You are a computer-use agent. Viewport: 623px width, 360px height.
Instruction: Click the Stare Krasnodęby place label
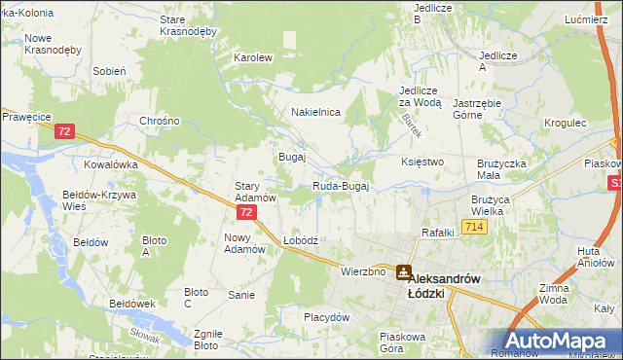(x=187, y=25)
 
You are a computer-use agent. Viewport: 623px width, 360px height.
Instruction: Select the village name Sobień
(x=109, y=71)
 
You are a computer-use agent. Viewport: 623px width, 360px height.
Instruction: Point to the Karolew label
(x=252, y=57)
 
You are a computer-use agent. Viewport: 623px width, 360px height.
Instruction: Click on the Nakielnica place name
(x=315, y=112)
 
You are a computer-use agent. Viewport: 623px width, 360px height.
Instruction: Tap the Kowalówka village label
(x=110, y=164)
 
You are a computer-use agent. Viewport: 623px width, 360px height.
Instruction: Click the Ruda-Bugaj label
(x=340, y=186)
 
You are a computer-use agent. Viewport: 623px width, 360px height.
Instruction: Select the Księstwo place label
(x=422, y=162)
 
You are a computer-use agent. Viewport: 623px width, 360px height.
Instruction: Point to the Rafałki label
(x=438, y=232)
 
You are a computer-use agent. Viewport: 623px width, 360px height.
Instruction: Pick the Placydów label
(x=326, y=317)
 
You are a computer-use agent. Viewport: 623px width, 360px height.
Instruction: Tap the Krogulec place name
(x=566, y=124)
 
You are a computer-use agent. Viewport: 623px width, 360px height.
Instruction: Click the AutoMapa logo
(x=558, y=341)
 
